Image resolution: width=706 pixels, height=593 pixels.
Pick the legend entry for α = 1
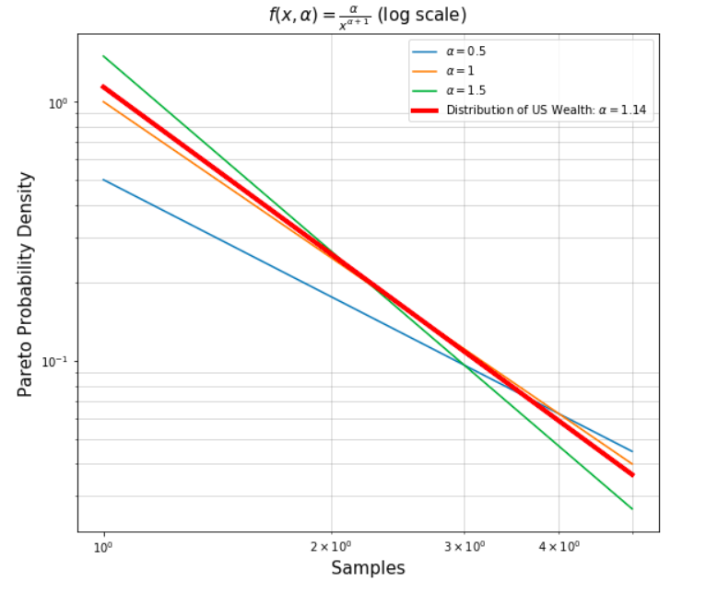pos(461,71)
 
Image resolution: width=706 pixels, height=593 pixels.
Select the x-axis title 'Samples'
pos(368,568)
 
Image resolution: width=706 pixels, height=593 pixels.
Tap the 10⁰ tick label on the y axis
pos(57,102)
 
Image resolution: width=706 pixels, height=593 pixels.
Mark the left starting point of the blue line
pos(103,180)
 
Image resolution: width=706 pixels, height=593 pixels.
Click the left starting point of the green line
pos(103,56)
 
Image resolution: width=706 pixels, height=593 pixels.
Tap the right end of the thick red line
pos(632,475)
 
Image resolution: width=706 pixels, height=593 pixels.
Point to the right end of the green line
pos(632,509)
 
